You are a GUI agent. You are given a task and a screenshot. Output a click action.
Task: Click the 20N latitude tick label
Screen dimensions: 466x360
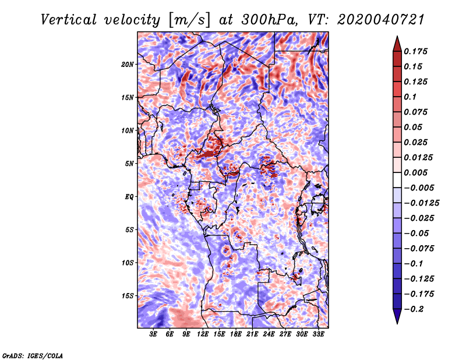click(128, 65)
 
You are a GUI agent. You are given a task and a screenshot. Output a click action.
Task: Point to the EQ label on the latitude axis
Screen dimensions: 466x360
click(129, 197)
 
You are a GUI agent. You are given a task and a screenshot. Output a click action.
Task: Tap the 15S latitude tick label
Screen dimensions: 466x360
click(128, 296)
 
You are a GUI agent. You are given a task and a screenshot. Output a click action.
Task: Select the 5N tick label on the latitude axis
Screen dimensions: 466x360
click(129, 164)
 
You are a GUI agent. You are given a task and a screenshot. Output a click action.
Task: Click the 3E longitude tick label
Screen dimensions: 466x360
click(153, 334)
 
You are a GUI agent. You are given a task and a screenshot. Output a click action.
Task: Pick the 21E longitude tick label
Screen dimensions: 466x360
click(252, 334)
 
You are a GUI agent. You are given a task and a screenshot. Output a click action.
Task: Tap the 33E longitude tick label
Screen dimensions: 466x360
click(318, 334)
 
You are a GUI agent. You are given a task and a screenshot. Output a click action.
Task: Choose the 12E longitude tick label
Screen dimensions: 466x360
click(203, 334)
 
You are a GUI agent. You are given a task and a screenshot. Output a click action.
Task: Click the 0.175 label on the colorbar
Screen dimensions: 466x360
click(416, 51)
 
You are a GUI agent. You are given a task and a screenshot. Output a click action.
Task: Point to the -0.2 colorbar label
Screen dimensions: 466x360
click(414, 309)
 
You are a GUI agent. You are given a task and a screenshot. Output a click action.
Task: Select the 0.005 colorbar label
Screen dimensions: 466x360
click(416, 172)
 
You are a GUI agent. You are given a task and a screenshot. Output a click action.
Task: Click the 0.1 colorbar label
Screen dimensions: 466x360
click(410, 97)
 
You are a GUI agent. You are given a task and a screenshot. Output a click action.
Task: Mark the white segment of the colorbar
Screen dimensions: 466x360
click(397, 180)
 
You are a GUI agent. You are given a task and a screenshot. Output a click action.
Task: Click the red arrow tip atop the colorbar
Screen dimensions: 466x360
click(397, 37)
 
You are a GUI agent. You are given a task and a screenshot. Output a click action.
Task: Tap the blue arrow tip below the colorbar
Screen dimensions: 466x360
click(397, 323)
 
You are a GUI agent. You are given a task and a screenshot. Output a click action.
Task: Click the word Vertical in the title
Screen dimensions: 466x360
click(69, 20)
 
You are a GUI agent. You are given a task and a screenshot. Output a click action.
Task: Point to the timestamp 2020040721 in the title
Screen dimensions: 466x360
click(381, 20)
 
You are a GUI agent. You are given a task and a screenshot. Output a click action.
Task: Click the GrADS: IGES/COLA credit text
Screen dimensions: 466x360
click(33, 355)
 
